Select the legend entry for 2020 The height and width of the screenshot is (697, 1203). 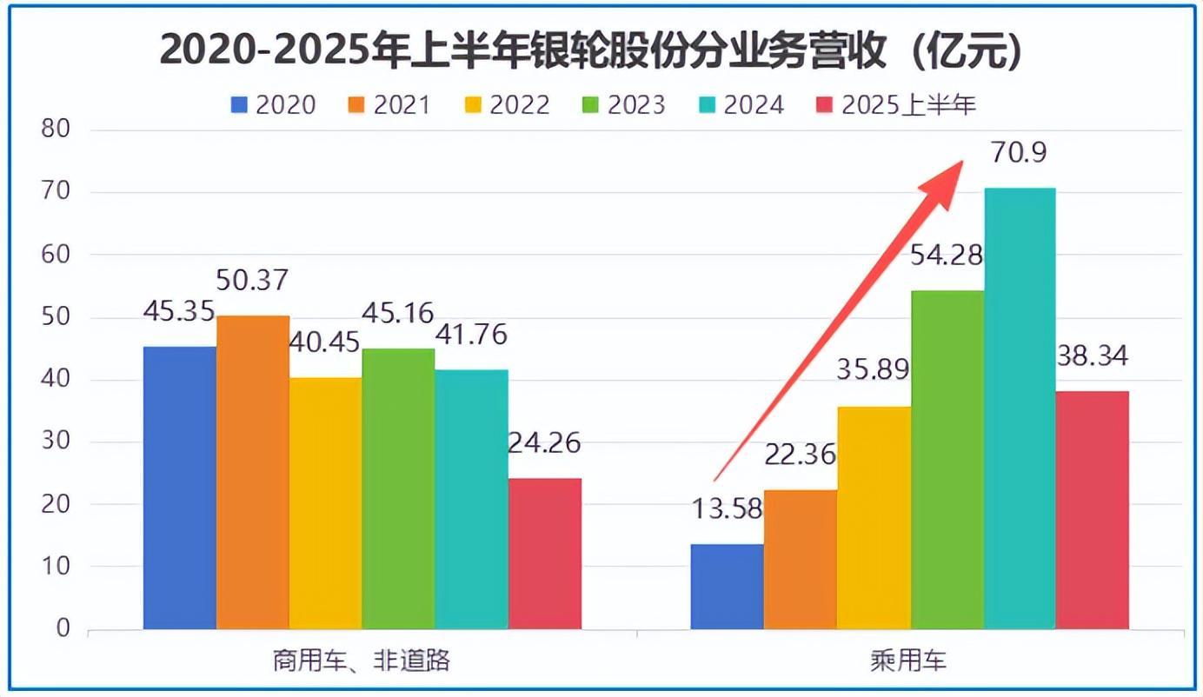pyautogui.click(x=273, y=105)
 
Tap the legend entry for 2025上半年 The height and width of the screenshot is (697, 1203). pyautogui.click(x=898, y=105)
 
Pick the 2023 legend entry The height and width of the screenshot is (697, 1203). pyautogui.click(x=623, y=105)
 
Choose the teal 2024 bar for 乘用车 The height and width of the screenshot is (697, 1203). pyautogui.click(x=1020, y=408)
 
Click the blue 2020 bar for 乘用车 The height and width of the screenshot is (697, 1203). pyautogui.click(x=727, y=587)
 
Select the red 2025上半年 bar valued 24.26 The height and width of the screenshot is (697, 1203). pyautogui.click(x=545, y=554)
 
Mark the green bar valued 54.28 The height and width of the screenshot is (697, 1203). pyautogui.click(x=947, y=460)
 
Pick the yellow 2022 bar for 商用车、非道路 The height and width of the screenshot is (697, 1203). pyautogui.click(x=326, y=503)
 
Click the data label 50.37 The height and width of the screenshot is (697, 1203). pyautogui.click(x=253, y=281)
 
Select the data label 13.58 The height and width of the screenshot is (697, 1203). pyautogui.click(x=727, y=508)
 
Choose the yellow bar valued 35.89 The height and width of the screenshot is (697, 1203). pyautogui.click(x=874, y=518)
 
